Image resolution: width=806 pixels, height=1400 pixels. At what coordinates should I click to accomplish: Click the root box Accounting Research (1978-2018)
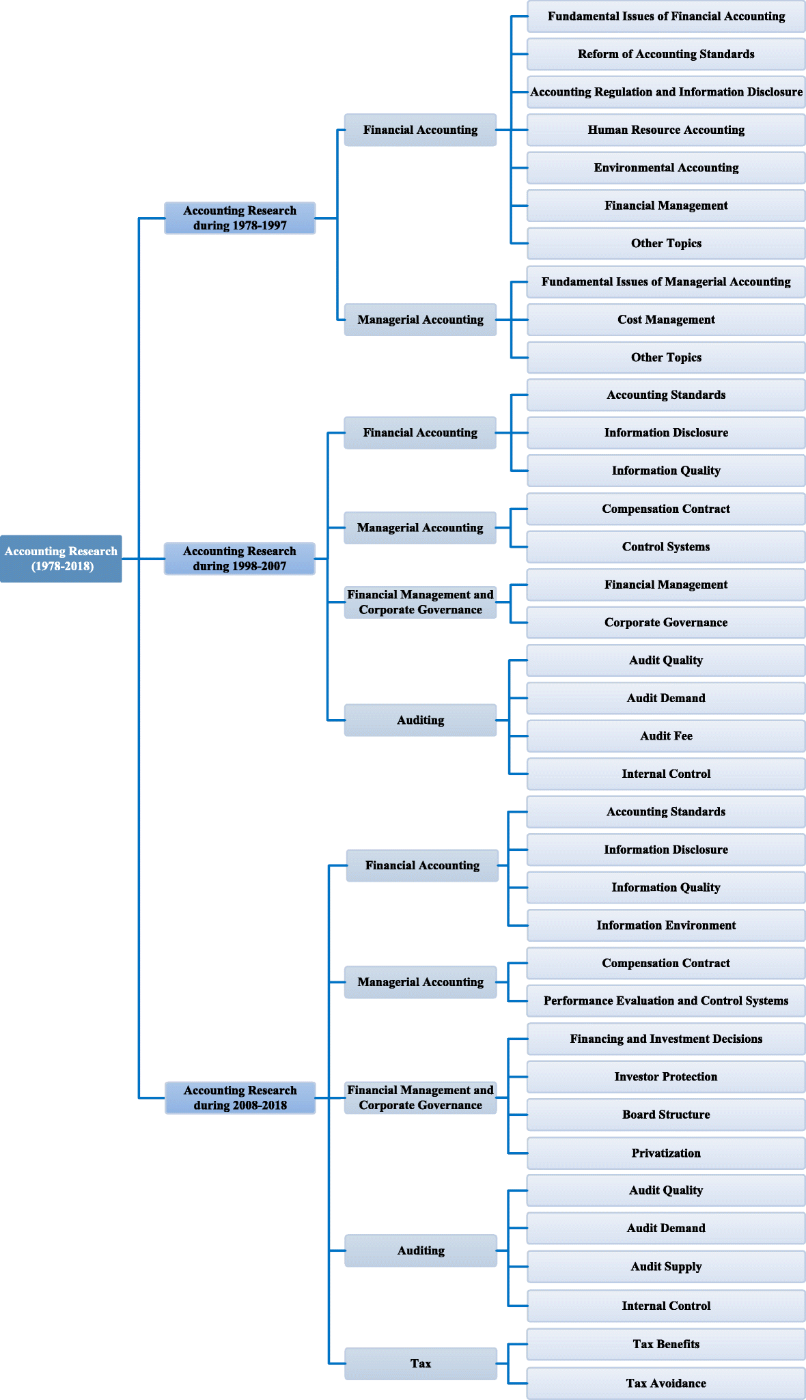61,559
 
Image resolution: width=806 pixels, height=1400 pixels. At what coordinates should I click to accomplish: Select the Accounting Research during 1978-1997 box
240,218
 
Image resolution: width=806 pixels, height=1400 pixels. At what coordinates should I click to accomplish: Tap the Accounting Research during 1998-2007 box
240,559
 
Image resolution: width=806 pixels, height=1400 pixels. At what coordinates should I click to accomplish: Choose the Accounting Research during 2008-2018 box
240,1097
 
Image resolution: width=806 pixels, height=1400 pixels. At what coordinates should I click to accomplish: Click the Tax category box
421,1363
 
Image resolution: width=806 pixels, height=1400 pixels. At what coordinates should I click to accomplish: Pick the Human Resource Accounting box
666,130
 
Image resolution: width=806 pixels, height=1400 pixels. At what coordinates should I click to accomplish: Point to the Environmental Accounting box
666,168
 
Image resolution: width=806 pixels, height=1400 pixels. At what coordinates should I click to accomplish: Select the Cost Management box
666,320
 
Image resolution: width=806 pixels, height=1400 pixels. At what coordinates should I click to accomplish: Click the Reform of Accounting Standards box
666,54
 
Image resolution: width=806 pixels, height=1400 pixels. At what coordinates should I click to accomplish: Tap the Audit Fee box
666,736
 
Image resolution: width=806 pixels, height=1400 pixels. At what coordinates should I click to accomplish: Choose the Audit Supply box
666,1266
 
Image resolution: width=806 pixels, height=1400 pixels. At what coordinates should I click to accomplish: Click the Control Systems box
666,546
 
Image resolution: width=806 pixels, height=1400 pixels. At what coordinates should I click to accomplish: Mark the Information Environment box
666,925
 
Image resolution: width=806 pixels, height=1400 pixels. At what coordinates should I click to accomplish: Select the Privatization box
666,1153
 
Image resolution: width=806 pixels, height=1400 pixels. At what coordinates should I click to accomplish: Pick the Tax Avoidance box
666,1383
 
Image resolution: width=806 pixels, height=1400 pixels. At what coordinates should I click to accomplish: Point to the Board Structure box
666,1115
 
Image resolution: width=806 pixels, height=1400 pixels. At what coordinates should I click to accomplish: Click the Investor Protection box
666,1077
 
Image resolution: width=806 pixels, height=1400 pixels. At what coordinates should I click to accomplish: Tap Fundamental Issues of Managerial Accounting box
666,281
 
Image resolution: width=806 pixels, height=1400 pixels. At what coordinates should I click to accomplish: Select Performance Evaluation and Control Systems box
666,1000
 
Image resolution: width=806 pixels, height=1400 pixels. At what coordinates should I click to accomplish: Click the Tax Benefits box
666,1344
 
